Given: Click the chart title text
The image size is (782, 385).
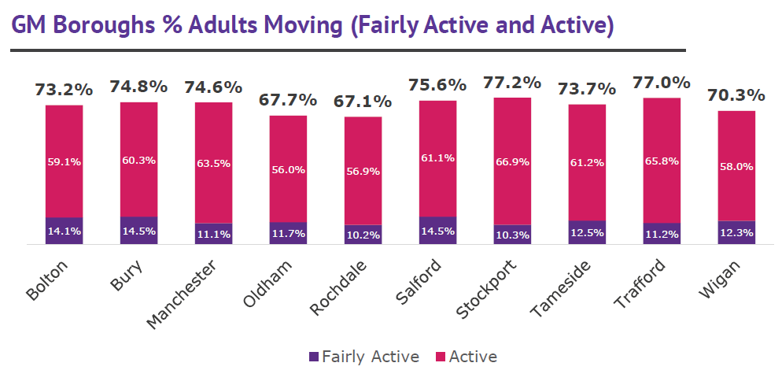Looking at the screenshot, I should tap(312, 25).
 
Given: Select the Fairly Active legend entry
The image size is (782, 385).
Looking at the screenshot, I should tap(364, 357).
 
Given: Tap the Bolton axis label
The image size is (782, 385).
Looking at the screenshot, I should tap(48, 280).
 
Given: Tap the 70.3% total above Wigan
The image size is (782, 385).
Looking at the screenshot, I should tap(736, 95).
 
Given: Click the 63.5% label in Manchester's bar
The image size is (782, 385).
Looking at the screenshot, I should tap(213, 164).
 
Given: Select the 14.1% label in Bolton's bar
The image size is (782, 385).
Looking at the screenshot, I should tap(64, 231).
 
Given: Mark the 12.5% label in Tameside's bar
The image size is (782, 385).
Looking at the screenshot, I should tap(587, 233).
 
